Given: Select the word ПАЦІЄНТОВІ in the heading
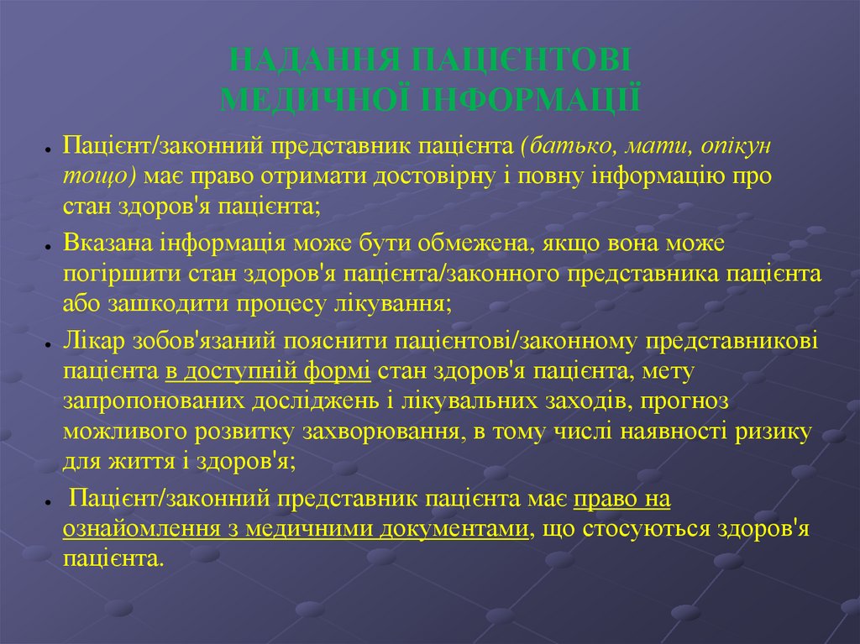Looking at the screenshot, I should coord(520,62).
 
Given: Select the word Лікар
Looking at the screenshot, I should coord(92,342).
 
